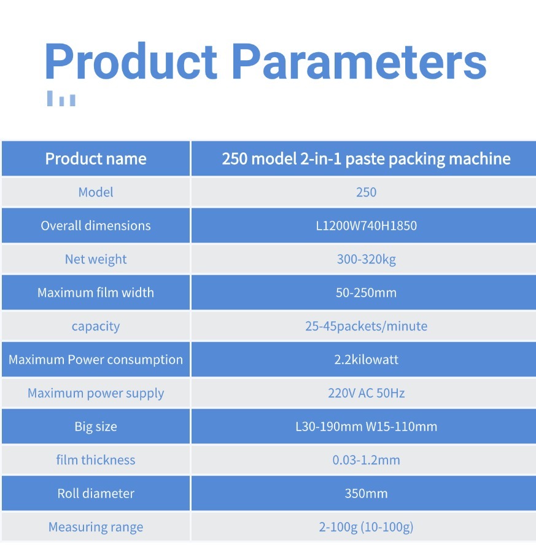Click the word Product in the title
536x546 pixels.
(x=131, y=61)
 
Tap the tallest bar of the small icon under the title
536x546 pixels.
(x=50, y=98)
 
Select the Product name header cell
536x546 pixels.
(x=96, y=159)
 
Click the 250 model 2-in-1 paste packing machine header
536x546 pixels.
(x=366, y=159)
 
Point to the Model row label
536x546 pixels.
(x=96, y=192)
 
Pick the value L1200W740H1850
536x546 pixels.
(x=366, y=225)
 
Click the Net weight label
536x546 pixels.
(x=96, y=259)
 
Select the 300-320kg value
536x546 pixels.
(x=366, y=259)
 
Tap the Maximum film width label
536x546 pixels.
(x=96, y=292)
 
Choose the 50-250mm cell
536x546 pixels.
(x=366, y=292)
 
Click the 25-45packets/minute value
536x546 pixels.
(x=366, y=326)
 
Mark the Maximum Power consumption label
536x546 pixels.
(x=96, y=360)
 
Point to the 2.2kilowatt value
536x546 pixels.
(x=366, y=359)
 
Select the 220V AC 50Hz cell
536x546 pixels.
(x=366, y=393)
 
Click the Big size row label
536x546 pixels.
(x=96, y=427)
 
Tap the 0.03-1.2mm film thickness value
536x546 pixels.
(x=366, y=460)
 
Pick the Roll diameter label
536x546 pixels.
(x=96, y=493)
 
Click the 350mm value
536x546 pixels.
(x=366, y=493)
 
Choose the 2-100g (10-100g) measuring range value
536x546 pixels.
(x=366, y=527)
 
